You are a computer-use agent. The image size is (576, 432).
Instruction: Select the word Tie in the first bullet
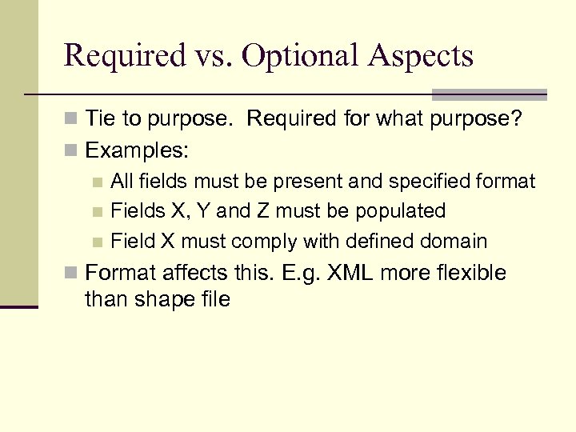pyautogui.click(x=99, y=119)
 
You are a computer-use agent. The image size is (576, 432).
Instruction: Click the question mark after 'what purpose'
pyautogui.click(x=517, y=119)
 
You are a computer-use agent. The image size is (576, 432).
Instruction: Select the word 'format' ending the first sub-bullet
pyautogui.click(x=508, y=182)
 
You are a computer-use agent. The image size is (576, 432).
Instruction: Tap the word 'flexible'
pyautogui.click(x=472, y=273)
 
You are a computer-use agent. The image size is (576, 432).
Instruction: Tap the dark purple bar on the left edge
pyautogui.click(x=18, y=306)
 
